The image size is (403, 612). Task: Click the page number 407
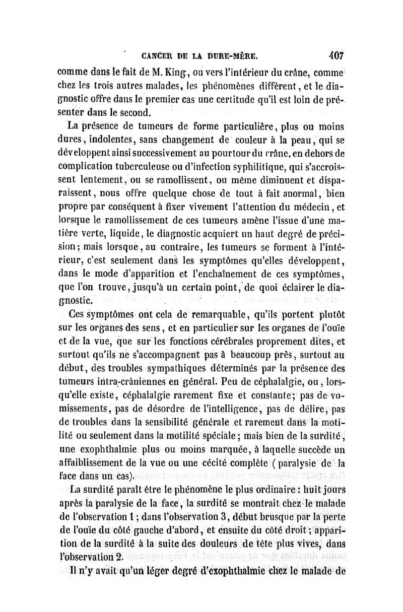click(x=332, y=53)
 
